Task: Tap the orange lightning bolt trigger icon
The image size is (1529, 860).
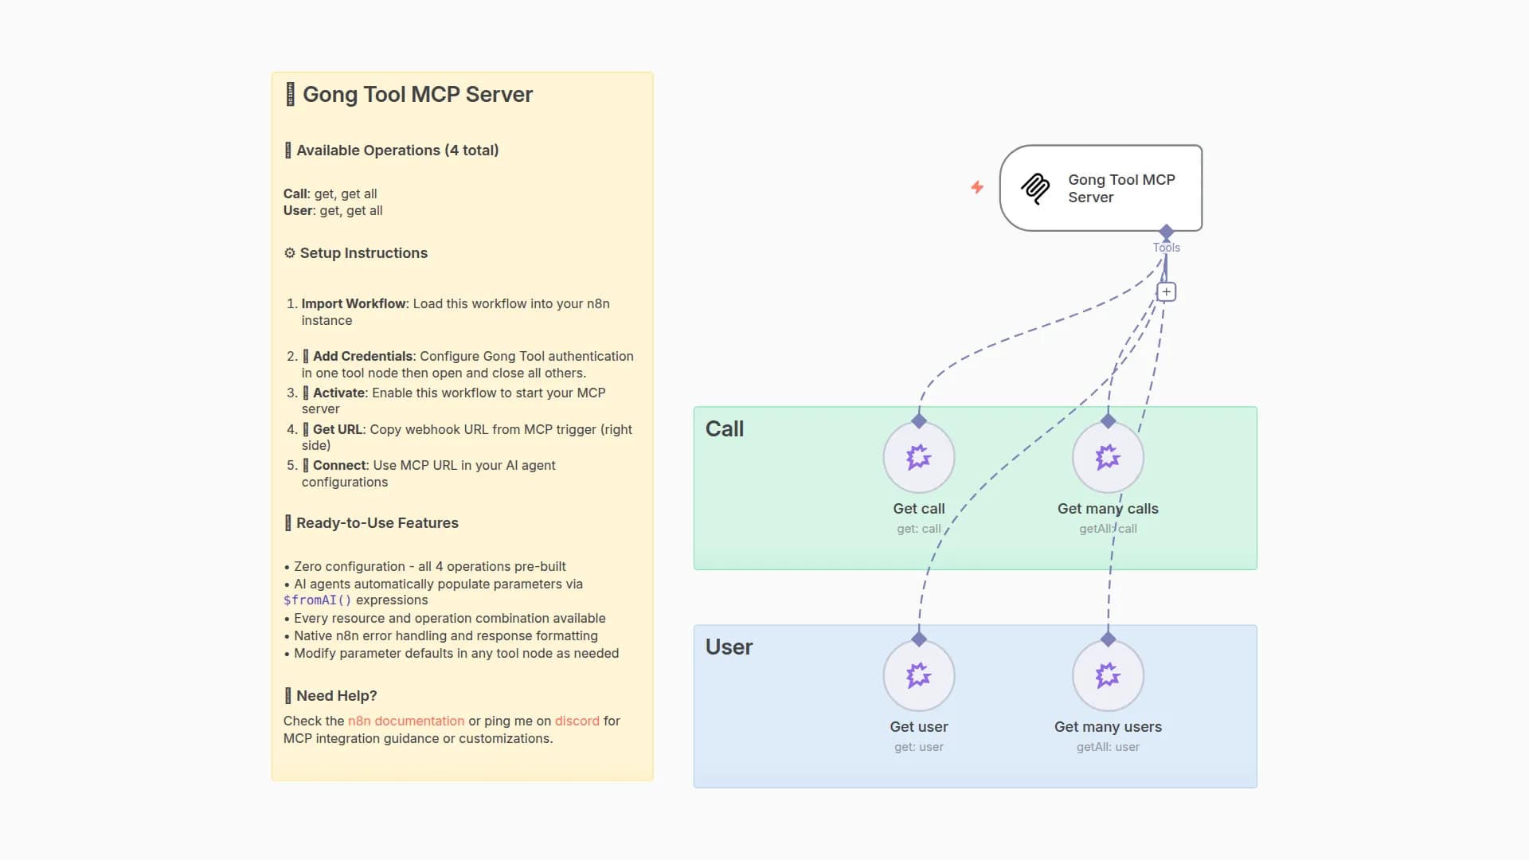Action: pos(977,187)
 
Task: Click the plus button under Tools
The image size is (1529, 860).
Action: pos(1166,292)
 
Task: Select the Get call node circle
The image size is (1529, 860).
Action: pos(918,457)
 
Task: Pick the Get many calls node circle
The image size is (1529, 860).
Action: pos(1108,457)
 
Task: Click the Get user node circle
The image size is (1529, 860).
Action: pos(918,675)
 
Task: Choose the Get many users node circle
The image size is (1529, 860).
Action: pos(1108,675)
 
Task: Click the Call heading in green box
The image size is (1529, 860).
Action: pos(724,429)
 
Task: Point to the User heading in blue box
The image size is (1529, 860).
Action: pos(729,647)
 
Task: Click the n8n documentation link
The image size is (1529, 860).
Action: pos(405,721)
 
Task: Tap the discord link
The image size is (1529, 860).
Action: pos(577,721)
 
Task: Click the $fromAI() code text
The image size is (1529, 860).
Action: pos(317,600)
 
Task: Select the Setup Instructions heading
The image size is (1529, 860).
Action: pos(363,253)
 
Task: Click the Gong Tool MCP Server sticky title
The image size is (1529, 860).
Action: pos(416,95)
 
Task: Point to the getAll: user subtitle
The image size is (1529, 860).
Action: pos(1108,747)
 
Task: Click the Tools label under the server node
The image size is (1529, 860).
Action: pos(1166,248)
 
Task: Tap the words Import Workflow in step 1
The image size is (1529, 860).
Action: pos(354,303)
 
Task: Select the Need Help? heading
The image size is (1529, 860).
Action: pos(336,696)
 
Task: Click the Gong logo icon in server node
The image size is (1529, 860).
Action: pos(1035,189)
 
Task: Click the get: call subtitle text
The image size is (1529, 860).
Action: pos(918,529)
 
